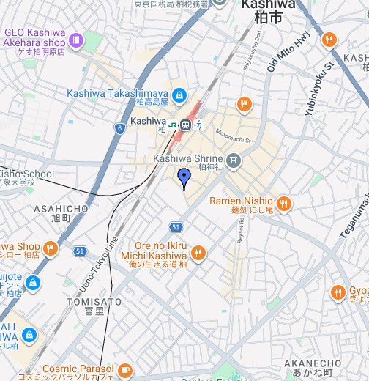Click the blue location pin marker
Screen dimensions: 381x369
click(x=184, y=176)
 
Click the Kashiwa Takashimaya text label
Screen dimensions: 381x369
click(x=118, y=93)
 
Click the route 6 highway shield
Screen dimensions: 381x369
click(x=119, y=128)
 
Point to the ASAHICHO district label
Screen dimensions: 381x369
click(x=61, y=209)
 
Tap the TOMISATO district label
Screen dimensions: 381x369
click(x=93, y=301)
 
